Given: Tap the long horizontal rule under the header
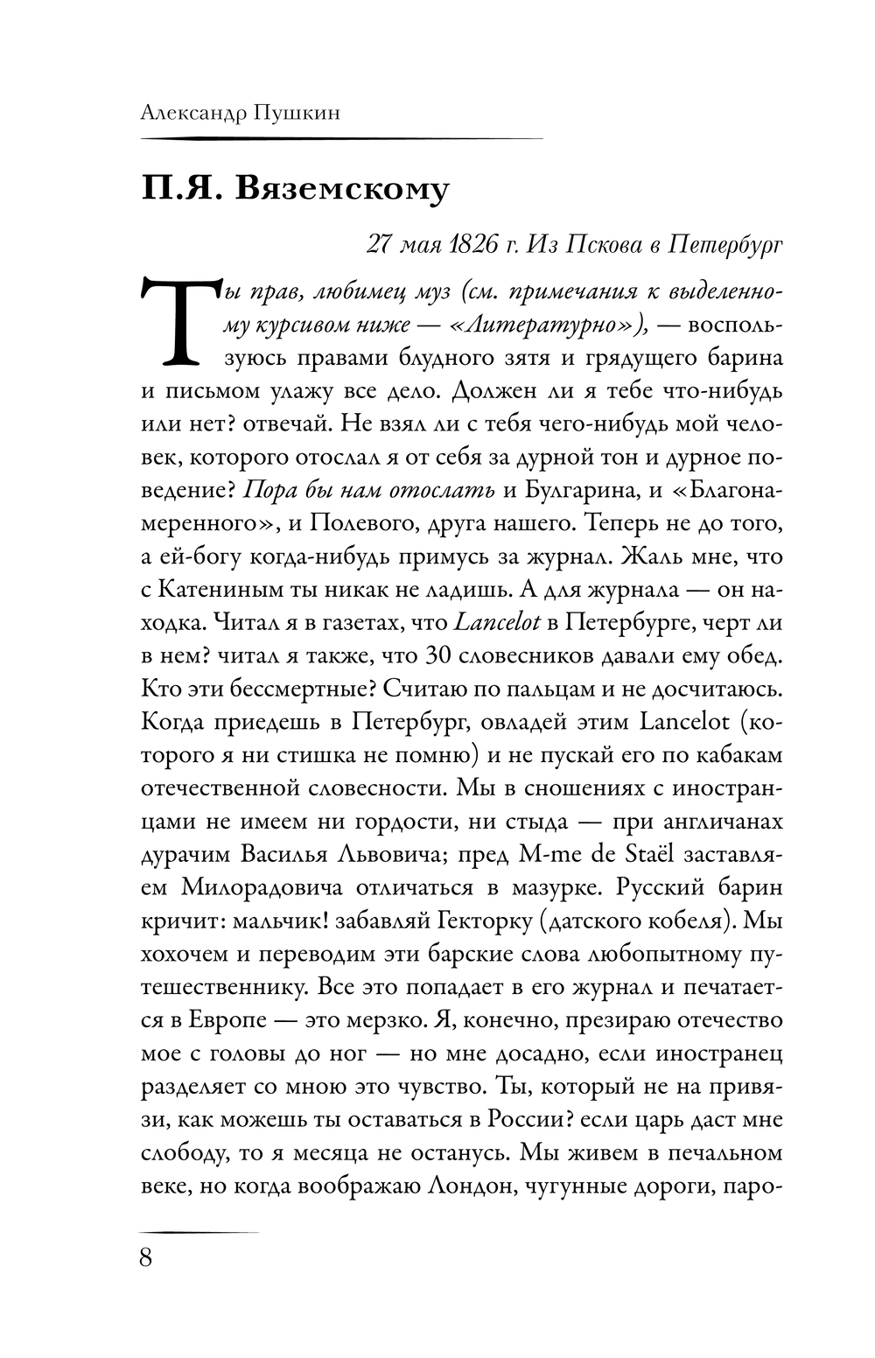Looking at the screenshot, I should pos(341,138).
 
